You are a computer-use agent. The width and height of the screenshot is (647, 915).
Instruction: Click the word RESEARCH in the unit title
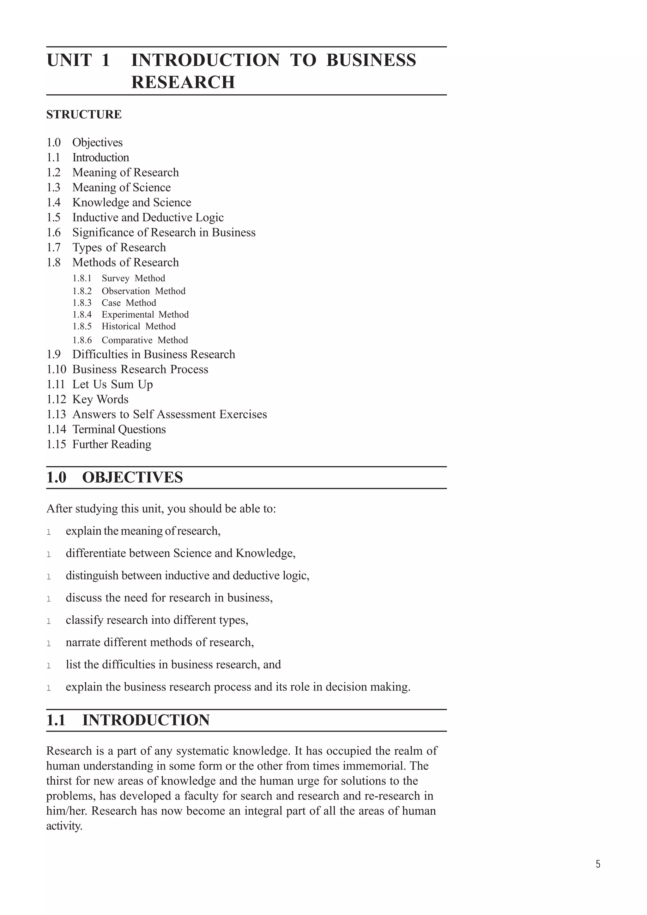coord(183,82)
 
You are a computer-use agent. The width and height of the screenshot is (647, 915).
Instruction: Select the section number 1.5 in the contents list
coord(53,218)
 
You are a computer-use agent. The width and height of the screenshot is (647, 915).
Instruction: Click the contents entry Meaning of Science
coord(121,187)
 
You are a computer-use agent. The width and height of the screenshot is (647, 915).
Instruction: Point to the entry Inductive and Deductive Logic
coord(148,218)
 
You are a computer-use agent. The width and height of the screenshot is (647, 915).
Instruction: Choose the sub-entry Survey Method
coord(133,278)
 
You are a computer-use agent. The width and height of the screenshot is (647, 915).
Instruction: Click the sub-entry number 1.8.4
coord(82,314)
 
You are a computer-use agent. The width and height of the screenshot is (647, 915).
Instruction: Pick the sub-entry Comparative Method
coord(144,340)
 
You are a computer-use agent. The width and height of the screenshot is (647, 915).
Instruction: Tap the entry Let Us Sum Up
coord(112,385)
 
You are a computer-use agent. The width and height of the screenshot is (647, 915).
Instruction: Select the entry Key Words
coord(100,399)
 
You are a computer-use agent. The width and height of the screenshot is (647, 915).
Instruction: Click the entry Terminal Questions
coord(119,430)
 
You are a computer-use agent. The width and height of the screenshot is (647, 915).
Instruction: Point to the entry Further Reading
coord(112,444)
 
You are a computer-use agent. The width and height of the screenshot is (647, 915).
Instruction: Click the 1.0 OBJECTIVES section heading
coord(115,477)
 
